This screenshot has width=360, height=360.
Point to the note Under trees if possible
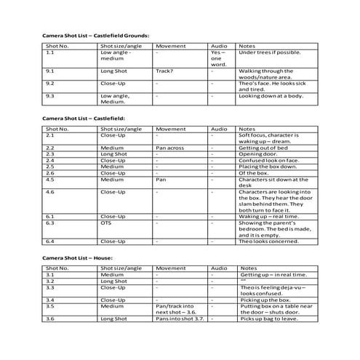(268, 52)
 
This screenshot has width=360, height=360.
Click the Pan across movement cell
(171, 148)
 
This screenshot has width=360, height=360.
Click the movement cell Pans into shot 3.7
(179, 319)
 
